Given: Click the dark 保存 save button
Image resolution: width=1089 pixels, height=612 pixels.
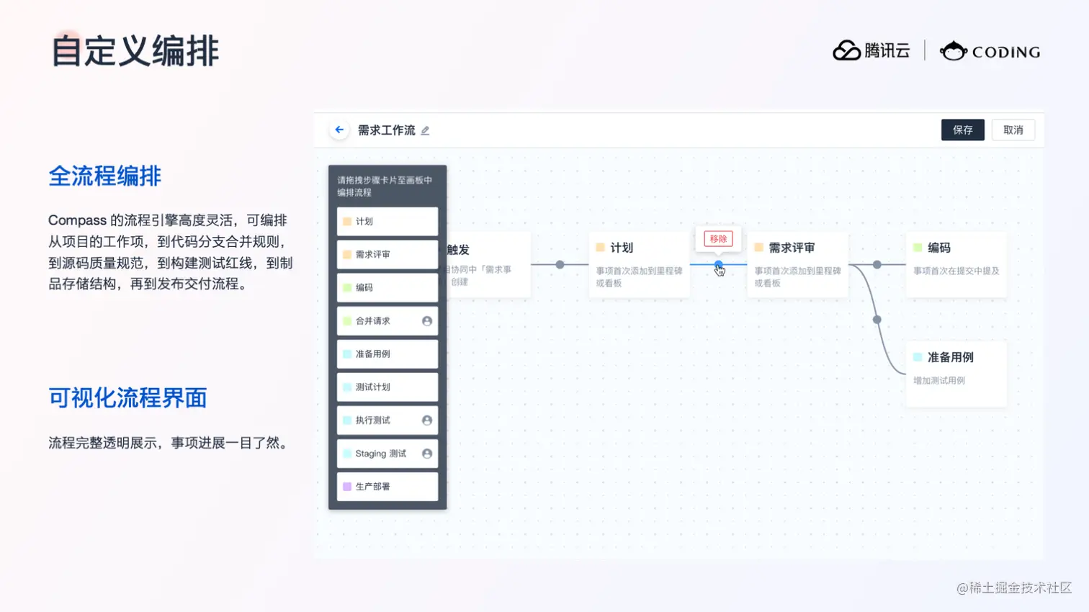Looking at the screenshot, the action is pos(962,130).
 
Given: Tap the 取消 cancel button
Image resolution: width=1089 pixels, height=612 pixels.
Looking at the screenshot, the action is pos(1013,130).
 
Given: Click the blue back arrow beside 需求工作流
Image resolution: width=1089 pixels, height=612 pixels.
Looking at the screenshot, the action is pos(339,130).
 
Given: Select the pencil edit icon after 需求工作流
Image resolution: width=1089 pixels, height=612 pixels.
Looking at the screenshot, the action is pos(425,130).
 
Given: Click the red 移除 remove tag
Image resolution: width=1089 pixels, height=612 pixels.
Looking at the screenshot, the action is pos(718,239).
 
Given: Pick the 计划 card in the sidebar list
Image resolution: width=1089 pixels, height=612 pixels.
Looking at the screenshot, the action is pos(387,222).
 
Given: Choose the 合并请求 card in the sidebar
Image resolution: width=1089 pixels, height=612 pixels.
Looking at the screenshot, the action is pos(387,321).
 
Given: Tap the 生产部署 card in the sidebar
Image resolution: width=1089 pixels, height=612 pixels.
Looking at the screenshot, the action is pos(387,487).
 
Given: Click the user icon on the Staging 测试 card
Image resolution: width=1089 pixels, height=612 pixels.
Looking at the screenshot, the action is pos(427,454).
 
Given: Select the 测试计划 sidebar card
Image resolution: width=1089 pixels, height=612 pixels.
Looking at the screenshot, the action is pos(387,387).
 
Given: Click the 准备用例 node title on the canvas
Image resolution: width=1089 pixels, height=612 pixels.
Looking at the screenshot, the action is pos(950,357).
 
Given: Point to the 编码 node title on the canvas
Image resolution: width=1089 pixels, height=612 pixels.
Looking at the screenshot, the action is pos(938,248).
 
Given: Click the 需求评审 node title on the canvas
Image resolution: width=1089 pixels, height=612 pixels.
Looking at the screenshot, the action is pos(792,248).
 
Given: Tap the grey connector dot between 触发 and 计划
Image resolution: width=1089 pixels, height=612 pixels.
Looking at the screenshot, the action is pos(560,265).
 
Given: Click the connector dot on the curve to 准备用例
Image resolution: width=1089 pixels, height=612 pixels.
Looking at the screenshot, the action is pos(877,319).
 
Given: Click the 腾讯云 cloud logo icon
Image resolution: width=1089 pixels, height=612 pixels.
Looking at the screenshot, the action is pos(847,50).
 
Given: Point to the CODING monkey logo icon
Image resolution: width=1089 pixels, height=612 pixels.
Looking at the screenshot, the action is pos(953,51).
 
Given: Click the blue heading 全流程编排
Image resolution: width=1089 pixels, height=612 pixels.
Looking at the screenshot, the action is pos(105,176).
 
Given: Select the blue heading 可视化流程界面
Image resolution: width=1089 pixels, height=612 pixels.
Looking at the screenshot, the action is pos(127,397).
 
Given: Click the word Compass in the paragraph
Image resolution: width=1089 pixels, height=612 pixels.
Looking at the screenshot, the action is pos(77,220).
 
